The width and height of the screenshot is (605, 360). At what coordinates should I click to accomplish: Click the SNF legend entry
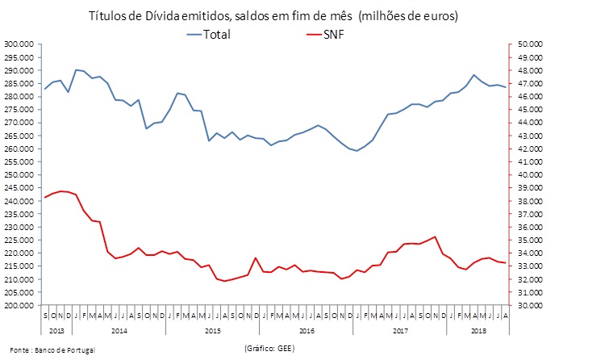[x=333, y=34]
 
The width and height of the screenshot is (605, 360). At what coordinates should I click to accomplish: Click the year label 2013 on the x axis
[x=56, y=330]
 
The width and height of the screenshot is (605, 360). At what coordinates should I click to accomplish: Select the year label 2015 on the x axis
[x=212, y=330]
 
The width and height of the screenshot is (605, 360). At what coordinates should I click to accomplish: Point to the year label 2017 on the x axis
[x=400, y=330]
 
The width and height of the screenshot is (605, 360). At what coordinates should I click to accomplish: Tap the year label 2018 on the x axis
[x=478, y=330]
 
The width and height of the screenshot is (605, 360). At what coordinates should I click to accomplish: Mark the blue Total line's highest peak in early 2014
[x=76, y=69]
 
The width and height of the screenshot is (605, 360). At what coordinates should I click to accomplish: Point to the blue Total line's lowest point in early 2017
[x=357, y=151]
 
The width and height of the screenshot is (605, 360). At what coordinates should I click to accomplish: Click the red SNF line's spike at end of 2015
[x=256, y=257]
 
